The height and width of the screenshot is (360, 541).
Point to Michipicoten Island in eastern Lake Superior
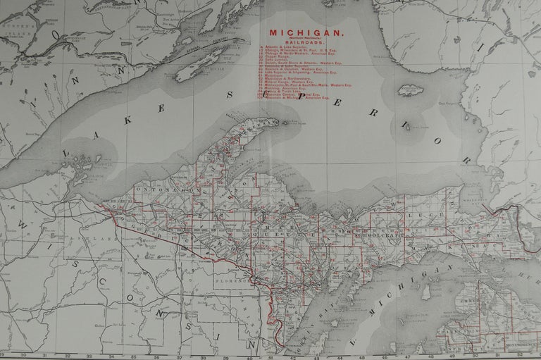[411, 90]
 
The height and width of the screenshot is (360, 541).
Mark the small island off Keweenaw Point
[287, 122]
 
